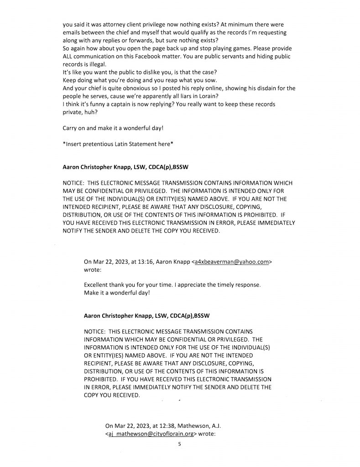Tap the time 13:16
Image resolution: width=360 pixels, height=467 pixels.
pyautogui.click(x=141, y=262)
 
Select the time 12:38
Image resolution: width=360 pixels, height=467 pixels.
pyautogui.click(x=162, y=426)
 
